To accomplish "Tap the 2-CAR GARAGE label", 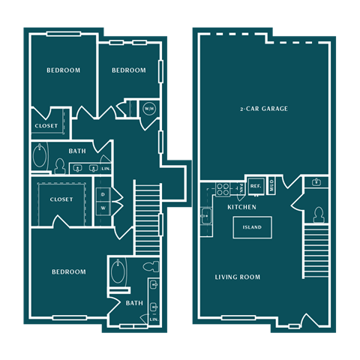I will (x=264, y=109).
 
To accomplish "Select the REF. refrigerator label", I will (x=255, y=185).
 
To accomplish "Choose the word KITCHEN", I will (x=241, y=207).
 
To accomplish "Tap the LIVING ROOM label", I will (x=237, y=277).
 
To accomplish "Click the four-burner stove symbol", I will (x=222, y=187).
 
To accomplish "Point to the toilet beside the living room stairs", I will (x=318, y=215).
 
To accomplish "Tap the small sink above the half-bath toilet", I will (x=316, y=182).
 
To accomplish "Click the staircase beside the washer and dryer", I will (x=147, y=217).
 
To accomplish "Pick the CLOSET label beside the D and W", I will (x=61, y=199).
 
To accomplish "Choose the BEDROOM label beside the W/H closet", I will (x=128, y=70).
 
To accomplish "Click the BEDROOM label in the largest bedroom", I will (x=68, y=271).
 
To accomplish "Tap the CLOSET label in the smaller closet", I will (x=45, y=126).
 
